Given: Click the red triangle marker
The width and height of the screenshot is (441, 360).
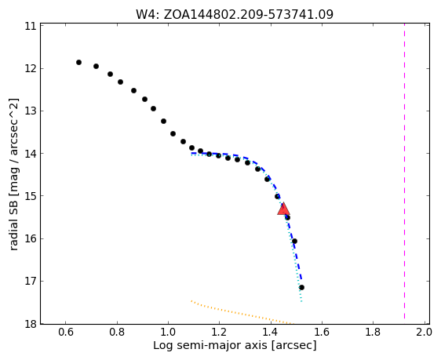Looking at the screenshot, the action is click(x=283, y=209).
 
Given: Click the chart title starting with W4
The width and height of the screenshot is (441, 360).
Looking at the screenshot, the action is click(x=235, y=14).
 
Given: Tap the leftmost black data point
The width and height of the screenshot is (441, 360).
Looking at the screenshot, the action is click(x=78, y=63).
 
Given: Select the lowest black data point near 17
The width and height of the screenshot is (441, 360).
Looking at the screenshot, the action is click(x=301, y=287).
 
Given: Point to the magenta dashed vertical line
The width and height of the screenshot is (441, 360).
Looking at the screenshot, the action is click(x=404, y=171).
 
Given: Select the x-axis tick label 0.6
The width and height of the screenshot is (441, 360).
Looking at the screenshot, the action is click(x=66, y=333).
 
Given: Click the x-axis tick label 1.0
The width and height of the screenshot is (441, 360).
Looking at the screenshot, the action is click(x=168, y=333).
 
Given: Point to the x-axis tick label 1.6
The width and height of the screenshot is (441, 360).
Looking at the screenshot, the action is click(x=322, y=333).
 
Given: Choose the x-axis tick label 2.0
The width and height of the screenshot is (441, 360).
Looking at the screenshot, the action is click(x=424, y=333).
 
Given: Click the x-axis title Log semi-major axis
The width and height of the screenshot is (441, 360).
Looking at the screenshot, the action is click(x=235, y=345).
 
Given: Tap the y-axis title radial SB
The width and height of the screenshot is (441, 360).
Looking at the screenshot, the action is click(x=13, y=174).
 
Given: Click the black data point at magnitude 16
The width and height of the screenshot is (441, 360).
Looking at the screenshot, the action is click(x=294, y=241).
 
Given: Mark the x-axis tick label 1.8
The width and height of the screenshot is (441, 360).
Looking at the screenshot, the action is click(x=373, y=333).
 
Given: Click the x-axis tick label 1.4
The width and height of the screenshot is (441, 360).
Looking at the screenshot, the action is click(x=271, y=333).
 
